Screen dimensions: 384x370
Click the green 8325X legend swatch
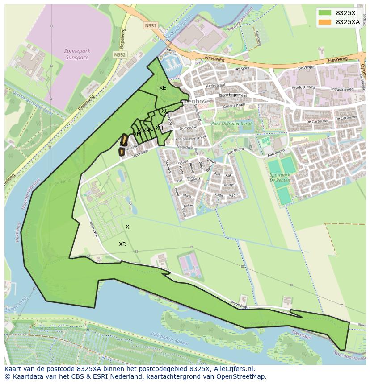click(x=325, y=13)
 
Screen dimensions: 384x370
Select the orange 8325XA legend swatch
click(x=325, y=22)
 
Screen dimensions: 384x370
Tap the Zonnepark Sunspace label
click(x=77, y=54)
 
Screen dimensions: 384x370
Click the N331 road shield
click(x=151, y=26)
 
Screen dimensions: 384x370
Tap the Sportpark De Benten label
click(x=281, y=178)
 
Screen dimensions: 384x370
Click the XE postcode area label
click(x=162, y=88)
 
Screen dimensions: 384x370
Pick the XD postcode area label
click(x=122, y=244)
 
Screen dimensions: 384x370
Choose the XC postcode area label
click(x=165, y=111)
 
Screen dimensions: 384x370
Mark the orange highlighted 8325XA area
click(x=122, y=146)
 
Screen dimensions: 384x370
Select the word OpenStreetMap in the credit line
click(x=241, y=376)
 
